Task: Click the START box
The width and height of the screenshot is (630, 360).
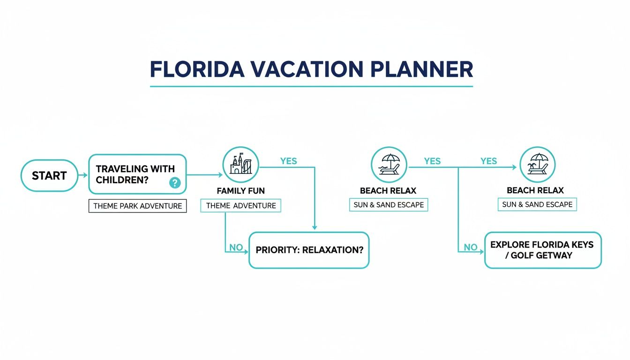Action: (49, 176)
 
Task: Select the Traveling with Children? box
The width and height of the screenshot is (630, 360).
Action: (137, 174)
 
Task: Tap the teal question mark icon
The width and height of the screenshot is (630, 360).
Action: (175, 183)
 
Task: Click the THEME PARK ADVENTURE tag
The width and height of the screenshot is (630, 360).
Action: (137, 206)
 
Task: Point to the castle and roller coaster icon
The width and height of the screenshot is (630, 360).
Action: (240, 165)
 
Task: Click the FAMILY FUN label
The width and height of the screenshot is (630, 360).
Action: (240, 191)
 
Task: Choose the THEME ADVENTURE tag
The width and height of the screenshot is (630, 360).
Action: (240, 206)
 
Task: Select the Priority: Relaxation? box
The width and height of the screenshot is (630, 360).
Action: (309, 250)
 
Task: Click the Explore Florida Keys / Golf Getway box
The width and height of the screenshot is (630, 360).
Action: (542, 250)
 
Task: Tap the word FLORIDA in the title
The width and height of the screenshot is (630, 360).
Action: (197, 69)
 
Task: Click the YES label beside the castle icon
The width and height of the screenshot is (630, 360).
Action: (288, 161)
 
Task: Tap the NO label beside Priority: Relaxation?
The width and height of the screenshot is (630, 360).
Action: (236, 247)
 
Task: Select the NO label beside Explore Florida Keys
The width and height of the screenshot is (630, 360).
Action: (471, 247)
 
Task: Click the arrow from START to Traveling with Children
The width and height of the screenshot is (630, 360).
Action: (83, 175)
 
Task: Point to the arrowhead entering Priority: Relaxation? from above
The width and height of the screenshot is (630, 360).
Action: (315, 227)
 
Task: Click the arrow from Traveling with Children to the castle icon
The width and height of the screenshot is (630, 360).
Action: (204, 175)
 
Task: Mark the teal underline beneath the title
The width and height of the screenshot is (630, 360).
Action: (311, 86)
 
